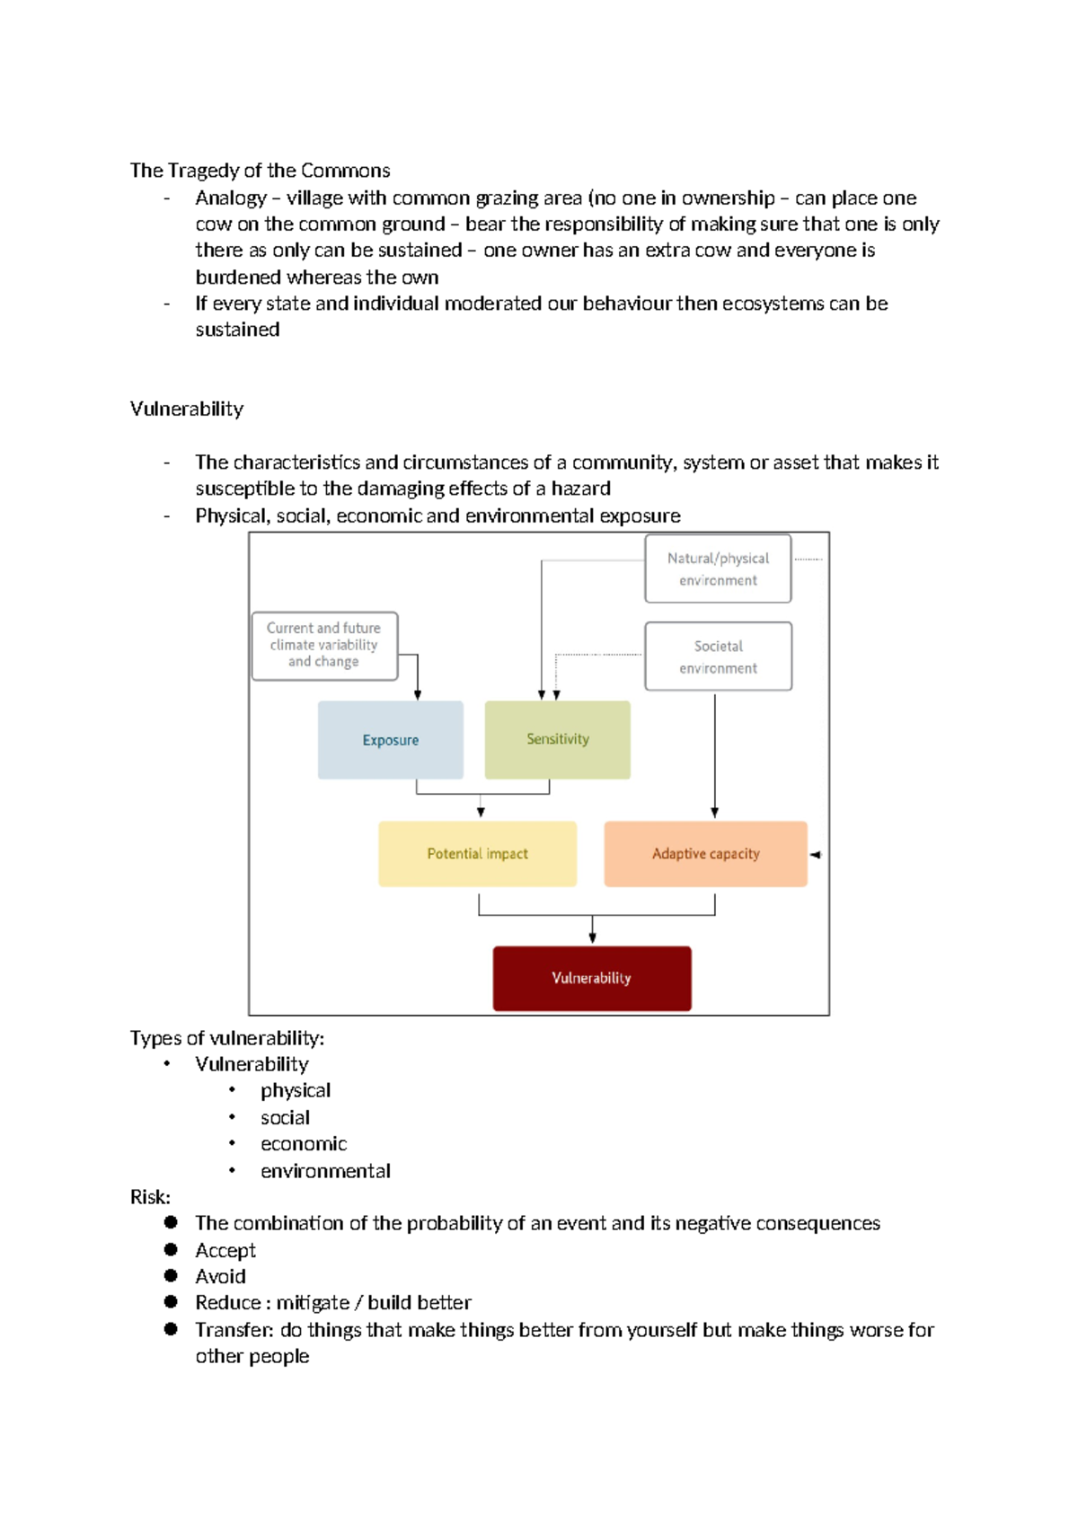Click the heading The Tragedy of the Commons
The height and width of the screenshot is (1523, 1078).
click(x=260, y=171)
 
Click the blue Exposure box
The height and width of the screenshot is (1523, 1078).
click(x=391, y=740)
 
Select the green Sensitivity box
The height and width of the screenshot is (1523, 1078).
click(x=557, y=739)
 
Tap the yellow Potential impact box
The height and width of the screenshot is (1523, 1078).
click(x=477, y=853)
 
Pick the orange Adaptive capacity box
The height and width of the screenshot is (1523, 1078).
click(x=705, y=853)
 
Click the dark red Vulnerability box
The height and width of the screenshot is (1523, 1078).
click(x=591, y=978)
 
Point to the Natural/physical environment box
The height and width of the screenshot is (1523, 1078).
click(x=718, y=568)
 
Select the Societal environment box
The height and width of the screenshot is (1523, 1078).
click(x=718, y=656)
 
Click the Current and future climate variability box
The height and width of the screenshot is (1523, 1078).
click(x=324, y=645)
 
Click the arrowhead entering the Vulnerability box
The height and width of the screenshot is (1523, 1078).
click(x=592, y=938)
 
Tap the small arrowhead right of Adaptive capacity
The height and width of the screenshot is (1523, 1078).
click(x=815, y=855)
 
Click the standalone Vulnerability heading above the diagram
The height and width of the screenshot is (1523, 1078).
click(x=187, y=409)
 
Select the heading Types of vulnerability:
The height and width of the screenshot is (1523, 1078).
click(x=226, y=1038)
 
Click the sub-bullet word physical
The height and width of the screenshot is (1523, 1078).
click(x=296, y=1090)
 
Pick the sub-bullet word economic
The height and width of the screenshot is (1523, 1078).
click(x=304, y=1144)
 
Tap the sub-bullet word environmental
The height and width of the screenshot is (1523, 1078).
click(x=325, y=1171)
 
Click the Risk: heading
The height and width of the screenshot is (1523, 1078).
click(x=150, y=1197)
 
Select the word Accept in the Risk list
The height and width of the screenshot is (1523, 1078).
click(x=225, y=1250)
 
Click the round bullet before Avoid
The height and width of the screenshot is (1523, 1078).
click(x=171, y=1275)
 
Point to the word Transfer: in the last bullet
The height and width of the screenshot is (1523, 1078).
click(x=234, y=1329)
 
